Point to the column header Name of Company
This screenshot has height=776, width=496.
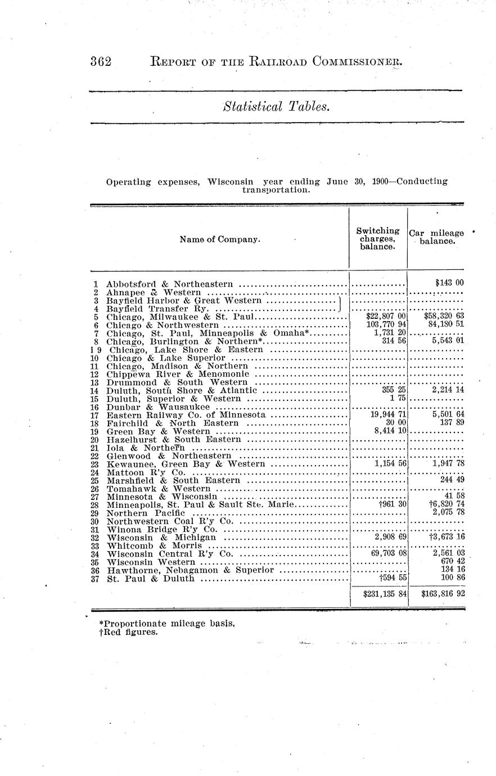point(220,240)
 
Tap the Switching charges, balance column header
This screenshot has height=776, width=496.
point(378,238)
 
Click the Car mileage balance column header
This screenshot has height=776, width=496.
point(436,237)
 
